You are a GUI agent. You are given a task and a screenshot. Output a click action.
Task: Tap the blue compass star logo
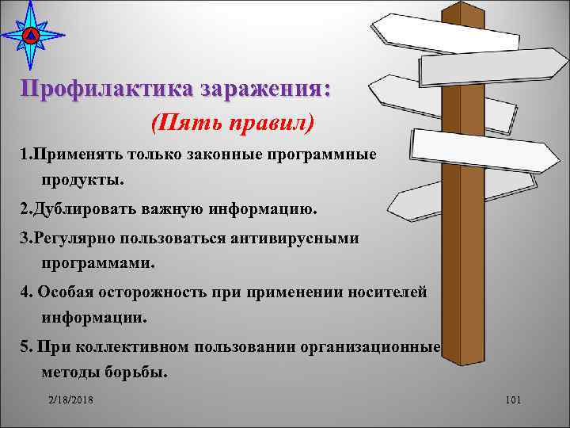tap(30, 35)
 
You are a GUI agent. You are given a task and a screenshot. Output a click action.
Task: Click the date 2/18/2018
tap(70, 402)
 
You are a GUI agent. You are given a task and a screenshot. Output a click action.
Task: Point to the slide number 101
tap(511, 402)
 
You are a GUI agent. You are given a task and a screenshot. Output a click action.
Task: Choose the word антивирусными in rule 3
tap(304, 238)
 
